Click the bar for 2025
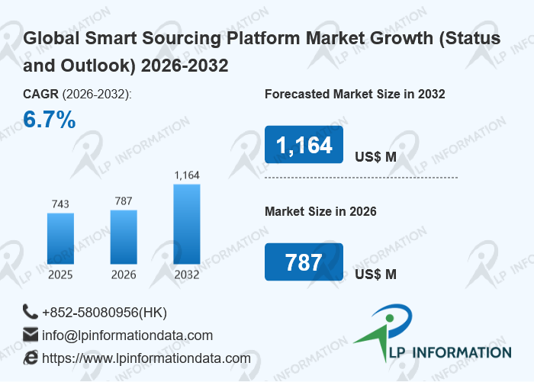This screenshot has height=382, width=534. pyautogui.click(x=60, y=238)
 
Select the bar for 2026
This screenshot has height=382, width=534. pyautogui.click(x=124, y=236)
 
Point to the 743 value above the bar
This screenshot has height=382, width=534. pyautogui.click(x=60, y=204)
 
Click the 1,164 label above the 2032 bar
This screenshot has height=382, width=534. pyautogui.click(x=187, y=175)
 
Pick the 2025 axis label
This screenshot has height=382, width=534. pyautogui.click(x=60, y=274)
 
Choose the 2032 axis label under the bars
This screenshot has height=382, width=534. pyautogui.click(x=187, y=274)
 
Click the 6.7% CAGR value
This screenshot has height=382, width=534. pyautogui.click(x=49, y=120)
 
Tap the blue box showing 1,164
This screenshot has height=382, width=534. pyautogui.click(x=304, y=145)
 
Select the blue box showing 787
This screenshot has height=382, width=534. pyautogui.click(x=304, y=262)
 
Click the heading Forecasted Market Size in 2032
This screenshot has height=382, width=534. pyautogui.click(x=355, y=95)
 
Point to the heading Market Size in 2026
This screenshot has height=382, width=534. pyautogui.click(x=320, y=211)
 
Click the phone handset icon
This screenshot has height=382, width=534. pyautogui.click(x=31, y=312)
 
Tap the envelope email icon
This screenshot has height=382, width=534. pyautogui.click(x=31, y=335)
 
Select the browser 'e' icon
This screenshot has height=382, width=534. pyautogui.click(x=31, y=358)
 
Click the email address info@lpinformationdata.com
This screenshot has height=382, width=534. pyautogui.click(x=127, y=335)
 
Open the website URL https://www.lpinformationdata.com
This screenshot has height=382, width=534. pyautogui.click(x=146, y=358)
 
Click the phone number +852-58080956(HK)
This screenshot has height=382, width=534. pyautogui.click(x=105, y=313)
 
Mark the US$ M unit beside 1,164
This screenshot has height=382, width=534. pyautogui.click(x=375, y=157)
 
